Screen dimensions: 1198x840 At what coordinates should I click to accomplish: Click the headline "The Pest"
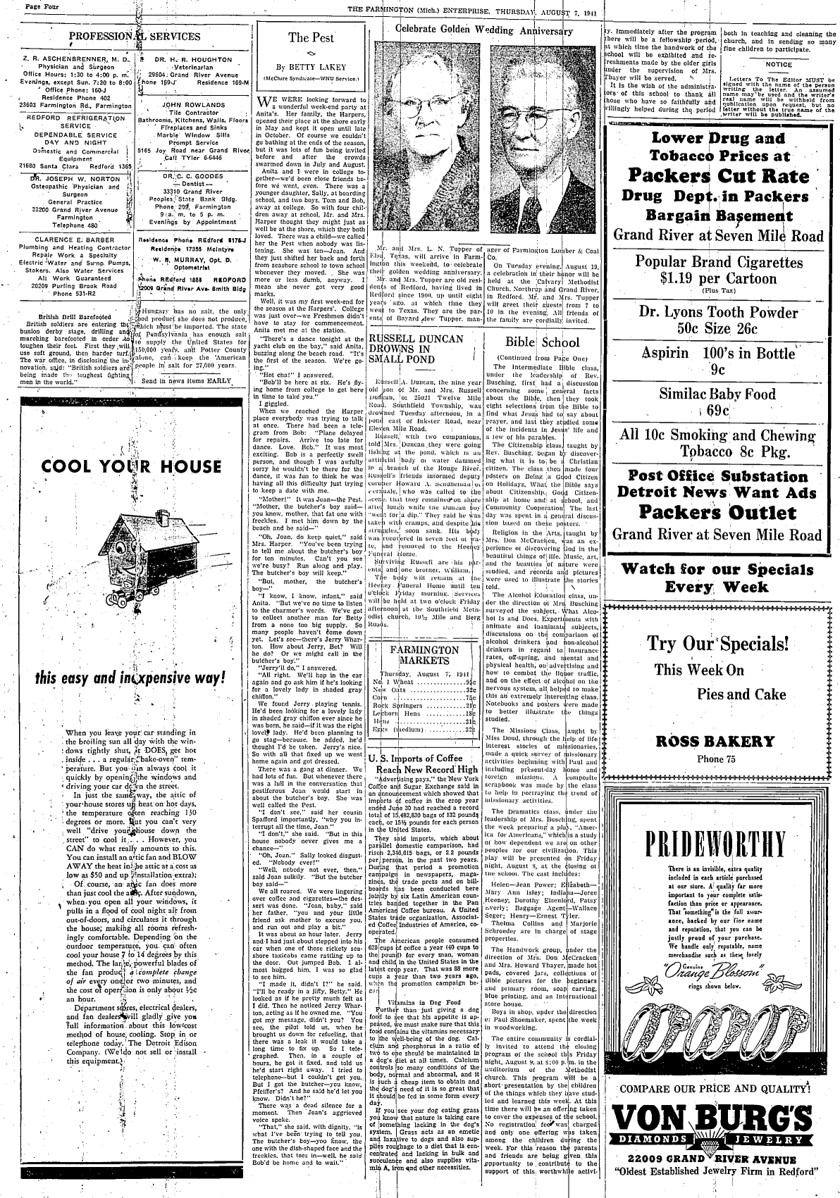tap(311, 38)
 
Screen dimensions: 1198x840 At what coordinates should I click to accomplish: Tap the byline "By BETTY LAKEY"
tap(311, 67)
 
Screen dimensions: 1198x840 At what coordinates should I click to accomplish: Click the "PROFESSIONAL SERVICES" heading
tap(134, 37)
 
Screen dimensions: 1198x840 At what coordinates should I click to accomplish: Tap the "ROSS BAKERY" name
tap(715, 741)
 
